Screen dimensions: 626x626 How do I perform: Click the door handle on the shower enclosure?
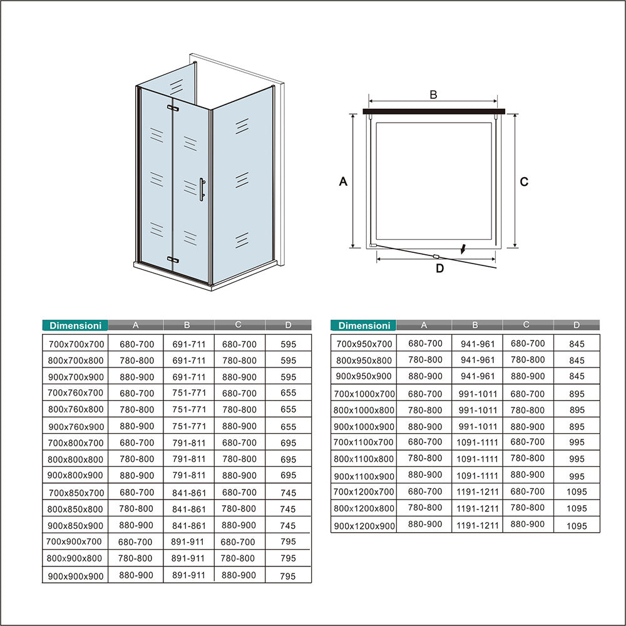202,190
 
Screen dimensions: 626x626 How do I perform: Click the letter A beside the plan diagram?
343,182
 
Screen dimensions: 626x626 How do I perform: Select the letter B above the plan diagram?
433,95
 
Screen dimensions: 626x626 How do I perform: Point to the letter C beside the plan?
524,182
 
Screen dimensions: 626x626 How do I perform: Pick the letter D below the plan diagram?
439,269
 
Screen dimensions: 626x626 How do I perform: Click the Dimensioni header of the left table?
75,326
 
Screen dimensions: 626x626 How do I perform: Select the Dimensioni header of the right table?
364,326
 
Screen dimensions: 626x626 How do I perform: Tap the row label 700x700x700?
76,344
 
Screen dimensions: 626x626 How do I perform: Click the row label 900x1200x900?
364,526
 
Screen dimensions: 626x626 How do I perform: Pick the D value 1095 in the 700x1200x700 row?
577,493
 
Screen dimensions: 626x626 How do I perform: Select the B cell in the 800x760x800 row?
188,409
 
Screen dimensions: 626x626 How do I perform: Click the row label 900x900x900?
76,576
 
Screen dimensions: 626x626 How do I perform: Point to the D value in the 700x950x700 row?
577,344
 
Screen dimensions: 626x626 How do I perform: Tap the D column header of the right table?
577,325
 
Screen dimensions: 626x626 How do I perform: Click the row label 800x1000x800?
364,411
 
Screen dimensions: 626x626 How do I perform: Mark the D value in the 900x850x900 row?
288,526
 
